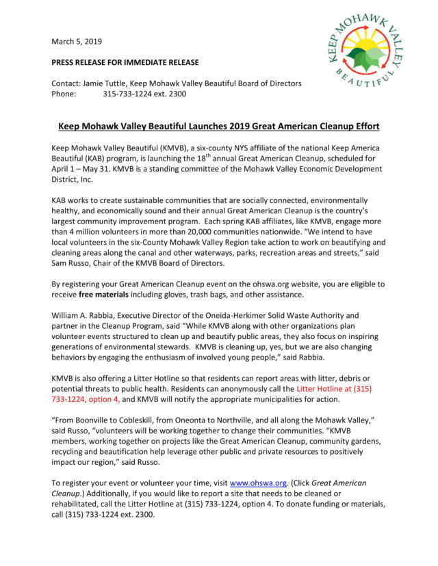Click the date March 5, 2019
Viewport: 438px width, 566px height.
click(75, 42)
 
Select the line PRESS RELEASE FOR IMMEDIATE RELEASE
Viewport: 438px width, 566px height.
click(125, 63)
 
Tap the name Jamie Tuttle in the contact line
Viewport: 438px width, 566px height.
click(112, 83)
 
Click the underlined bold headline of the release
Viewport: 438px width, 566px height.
click(218, 126)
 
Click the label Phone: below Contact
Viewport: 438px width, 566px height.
click(63, 94)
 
